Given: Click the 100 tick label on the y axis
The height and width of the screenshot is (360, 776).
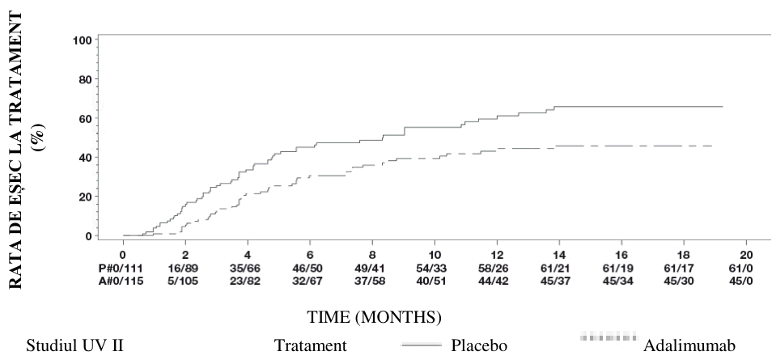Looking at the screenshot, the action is click(83, 40).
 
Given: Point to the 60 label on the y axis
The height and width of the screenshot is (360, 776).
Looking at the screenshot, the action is click(86, 118).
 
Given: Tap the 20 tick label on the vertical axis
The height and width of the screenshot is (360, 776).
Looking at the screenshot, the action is click(86, 197).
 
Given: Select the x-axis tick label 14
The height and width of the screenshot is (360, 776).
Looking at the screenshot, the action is click(559, 256).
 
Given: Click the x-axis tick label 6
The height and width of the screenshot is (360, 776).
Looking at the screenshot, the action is click(310, 256).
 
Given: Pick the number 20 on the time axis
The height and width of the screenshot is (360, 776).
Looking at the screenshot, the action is click(746, 256).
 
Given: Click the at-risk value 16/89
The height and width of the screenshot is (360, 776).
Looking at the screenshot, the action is click(185, 268).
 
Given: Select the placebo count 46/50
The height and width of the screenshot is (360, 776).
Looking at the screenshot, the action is click(310, 268).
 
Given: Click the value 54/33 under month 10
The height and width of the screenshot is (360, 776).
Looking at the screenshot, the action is click(435, 268).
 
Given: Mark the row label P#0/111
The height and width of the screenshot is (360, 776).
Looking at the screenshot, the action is click(122, 268).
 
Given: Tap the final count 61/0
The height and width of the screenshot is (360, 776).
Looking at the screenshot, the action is click(746, 268).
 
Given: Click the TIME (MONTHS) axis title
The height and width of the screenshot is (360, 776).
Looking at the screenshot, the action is click(375, 317).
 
